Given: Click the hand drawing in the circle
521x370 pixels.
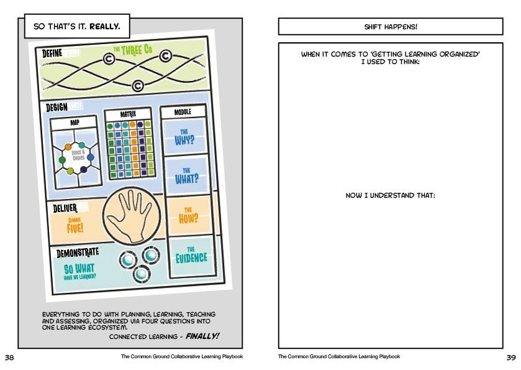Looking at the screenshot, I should [x=130, y=217].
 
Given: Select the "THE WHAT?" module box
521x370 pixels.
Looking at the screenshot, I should [x=186, y=175].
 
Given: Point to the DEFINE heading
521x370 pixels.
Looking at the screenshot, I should [x=52, y=53].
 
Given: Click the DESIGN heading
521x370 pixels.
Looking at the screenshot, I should [x=57, y=107].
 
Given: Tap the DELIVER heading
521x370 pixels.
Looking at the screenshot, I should [x=65, y=207].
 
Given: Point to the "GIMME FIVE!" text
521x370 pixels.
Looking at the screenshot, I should [x=75, y=224].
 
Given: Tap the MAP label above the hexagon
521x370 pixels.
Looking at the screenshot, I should [x=75, y=122].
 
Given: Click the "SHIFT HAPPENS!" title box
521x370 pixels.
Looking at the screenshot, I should [x=390, y=27].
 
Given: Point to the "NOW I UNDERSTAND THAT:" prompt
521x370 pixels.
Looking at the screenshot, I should [x=390, y=196].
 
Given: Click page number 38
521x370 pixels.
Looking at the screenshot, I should [x=9, y=358].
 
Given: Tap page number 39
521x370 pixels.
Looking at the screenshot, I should [x=511, y=358].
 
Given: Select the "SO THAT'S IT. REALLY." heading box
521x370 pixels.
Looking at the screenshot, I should [x=77, y=27].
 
